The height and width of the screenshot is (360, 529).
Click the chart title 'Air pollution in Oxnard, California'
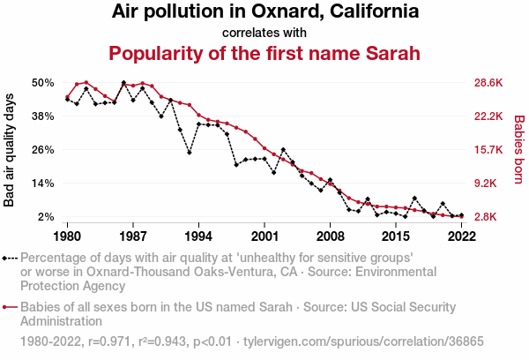[x=264, y=12]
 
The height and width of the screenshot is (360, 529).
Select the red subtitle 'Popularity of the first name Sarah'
[x=264, y=53]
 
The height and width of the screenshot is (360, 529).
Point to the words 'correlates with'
[x=264, y=33]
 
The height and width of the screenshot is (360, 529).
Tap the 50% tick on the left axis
[x=44, y=83]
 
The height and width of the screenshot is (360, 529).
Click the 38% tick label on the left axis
[x=44, y=116]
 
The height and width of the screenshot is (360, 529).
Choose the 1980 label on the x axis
[x=67, y=236]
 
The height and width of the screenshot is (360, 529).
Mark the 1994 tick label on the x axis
[x=198, y=236]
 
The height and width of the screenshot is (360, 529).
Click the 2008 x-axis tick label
[x=330, y=236]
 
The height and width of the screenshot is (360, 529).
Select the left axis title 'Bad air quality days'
[x=10, y=150]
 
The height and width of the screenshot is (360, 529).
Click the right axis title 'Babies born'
[x=518, y=150]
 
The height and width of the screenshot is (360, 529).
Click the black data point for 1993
[x=190, y=153]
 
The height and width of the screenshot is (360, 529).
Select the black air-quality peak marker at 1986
[x=123, y=83]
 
